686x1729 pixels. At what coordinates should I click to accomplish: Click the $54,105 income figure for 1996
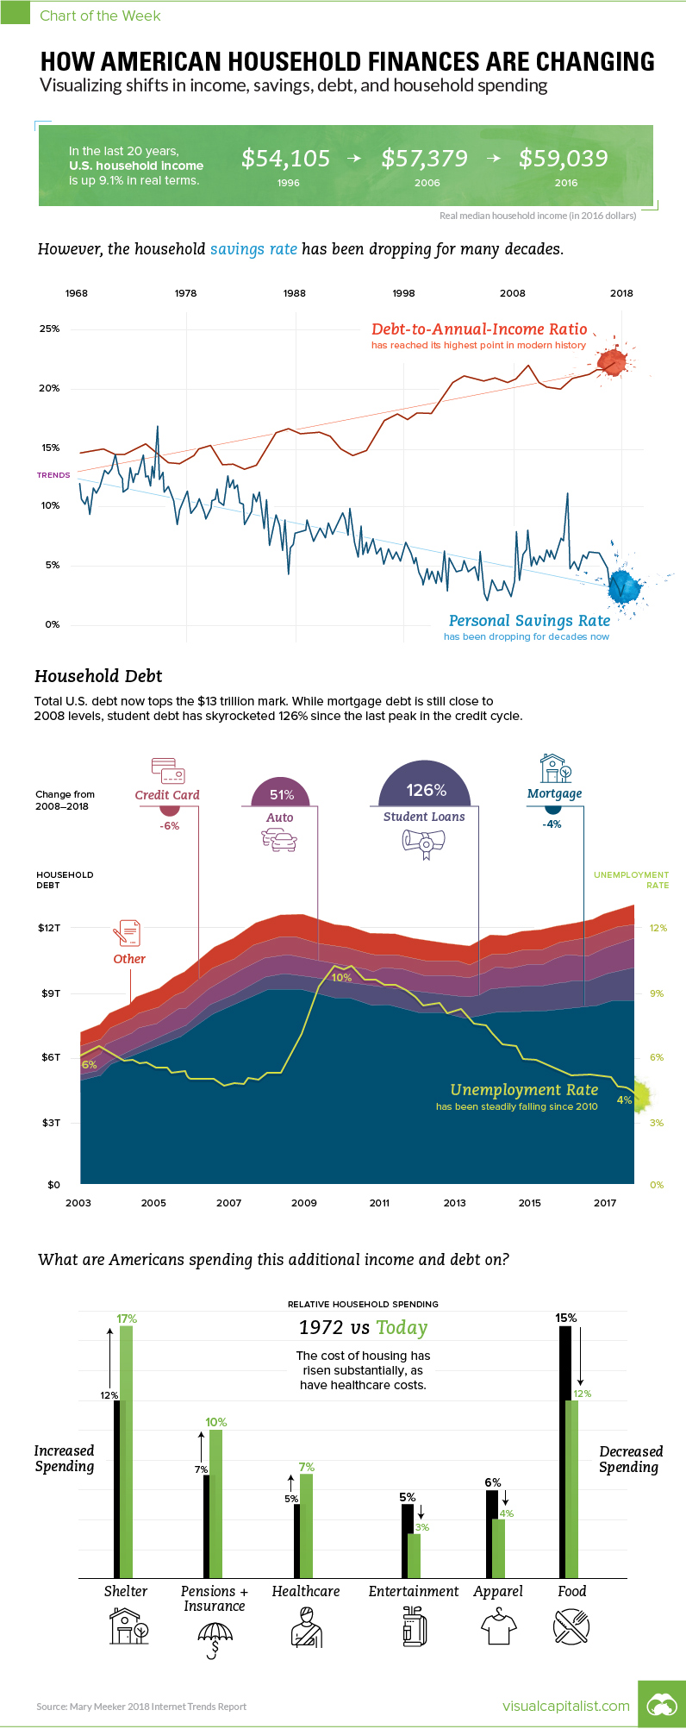(x=285, y=159)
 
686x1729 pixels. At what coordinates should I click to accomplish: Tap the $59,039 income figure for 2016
(x=564, y=159)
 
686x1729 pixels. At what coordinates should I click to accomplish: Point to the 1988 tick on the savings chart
(x=295, y=293)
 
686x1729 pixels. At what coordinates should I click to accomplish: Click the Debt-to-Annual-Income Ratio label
(x=479, y=329)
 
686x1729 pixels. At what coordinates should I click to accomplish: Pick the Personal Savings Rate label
(x=529, y=621)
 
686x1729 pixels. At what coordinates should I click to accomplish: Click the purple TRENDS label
(x=53, y=475)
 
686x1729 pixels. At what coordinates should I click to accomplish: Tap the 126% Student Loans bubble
(x=426, y=790)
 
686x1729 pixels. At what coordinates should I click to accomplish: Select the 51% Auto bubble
(x=281, y=795)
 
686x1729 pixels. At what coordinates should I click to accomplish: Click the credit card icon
(x=167, y=769)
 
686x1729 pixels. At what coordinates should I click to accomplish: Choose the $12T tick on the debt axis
(x=49, y=928)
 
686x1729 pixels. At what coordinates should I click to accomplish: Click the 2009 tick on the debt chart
(x=304, y=1203)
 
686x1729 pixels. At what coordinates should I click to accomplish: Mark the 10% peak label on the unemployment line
(x=341, y=978)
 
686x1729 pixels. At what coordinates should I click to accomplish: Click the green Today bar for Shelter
(x=127, y=1451)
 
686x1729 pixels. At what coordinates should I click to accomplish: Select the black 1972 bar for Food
(x=565, y=1451)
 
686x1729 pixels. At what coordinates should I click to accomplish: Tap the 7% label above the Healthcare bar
(x=306, y=1467)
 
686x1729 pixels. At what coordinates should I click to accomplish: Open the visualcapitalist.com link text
(x=566, y=1706)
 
